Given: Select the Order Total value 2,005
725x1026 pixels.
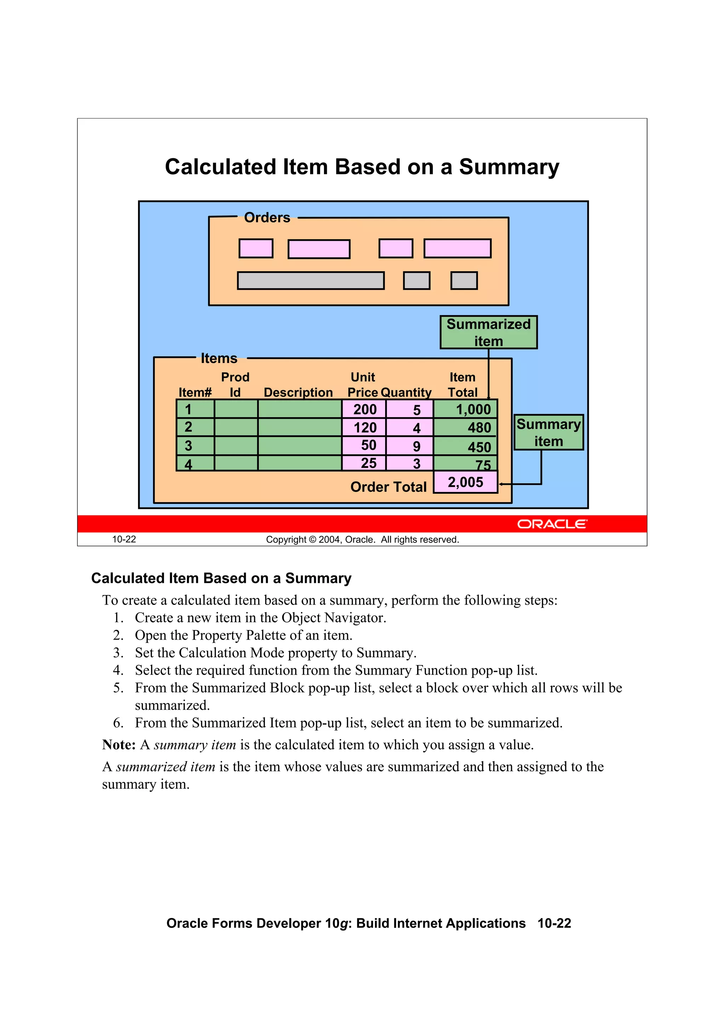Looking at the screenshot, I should [466, 482].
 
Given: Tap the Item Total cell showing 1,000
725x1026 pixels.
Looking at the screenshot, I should [466, 409].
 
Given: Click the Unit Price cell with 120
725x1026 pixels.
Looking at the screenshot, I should [365, 428].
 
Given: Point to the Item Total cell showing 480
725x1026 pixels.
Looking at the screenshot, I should [466, 428].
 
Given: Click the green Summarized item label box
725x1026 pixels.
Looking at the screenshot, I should [488, 332].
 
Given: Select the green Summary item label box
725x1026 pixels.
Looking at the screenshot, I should [549, 432].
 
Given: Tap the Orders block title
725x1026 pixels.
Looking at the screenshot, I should [267, 217].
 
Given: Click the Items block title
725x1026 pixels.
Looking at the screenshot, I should [219, 358].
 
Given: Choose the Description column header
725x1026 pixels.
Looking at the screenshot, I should [298, 392].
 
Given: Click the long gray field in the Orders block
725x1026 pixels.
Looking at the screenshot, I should [310, 280].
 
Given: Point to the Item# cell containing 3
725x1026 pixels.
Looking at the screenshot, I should [195, 446].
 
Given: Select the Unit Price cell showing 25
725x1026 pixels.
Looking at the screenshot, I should [365, 463].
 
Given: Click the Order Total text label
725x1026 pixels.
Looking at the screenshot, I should [388, 487].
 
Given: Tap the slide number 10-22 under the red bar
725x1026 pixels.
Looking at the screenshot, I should [124, 539].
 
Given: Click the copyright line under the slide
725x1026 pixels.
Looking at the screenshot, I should [362, 539].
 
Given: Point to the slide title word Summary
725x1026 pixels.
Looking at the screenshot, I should [509, 167].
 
